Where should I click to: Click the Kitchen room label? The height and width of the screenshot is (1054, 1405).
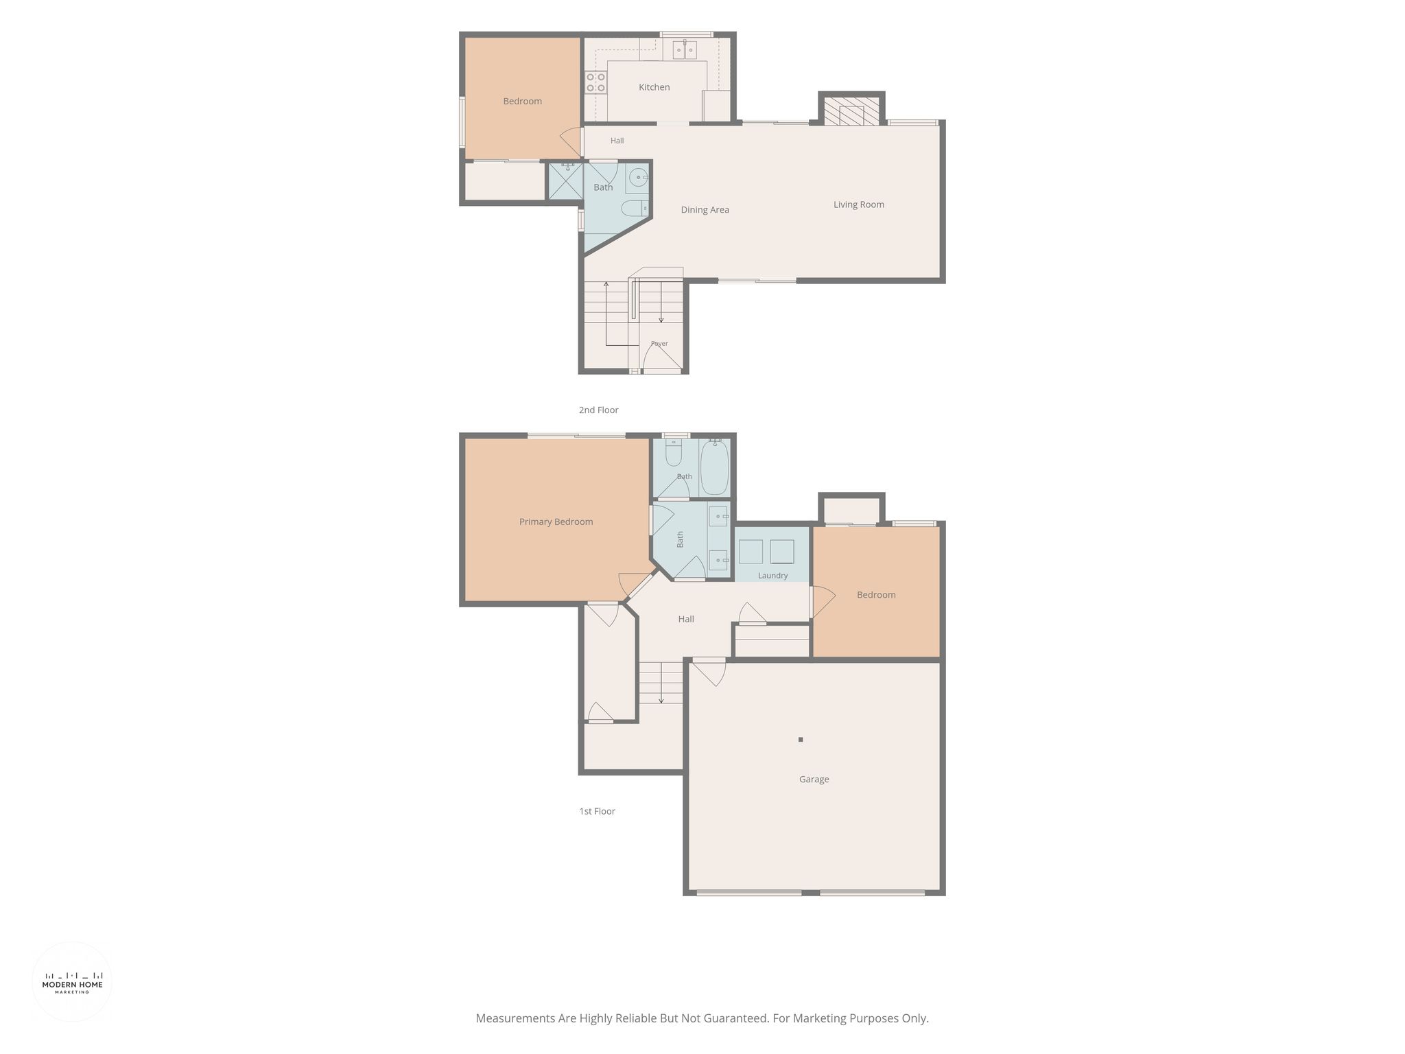tap(654, 87)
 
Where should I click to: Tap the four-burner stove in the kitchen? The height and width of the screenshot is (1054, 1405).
tap(595, 82)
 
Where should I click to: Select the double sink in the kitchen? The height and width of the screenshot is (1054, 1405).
tap(685, 49)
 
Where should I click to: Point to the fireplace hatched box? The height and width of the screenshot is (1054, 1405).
tap(851, 111)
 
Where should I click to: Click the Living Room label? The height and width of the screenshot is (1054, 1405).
tap(858, 204)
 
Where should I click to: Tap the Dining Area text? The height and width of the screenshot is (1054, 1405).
tap(705, 210)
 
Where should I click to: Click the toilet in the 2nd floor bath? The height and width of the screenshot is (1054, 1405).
tap(635, 207)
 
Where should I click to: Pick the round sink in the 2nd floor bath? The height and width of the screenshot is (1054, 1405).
tap(638, 178)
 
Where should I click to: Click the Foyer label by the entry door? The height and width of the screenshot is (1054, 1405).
tap(659, 344)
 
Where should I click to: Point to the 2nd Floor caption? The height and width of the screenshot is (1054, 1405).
tap(598, 410)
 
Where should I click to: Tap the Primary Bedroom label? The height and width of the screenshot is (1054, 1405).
tap(556, 522)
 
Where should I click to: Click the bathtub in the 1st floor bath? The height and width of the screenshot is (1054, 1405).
tap(714, 467)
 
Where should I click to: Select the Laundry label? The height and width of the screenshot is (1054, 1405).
tap(772, 576)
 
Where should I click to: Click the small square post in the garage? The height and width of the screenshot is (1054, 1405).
tap(801, 739)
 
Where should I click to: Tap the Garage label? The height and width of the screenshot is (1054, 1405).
tap(814, 779)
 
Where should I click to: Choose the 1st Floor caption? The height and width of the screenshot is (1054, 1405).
tap(597, 811)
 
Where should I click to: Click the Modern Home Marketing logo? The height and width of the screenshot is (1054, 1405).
tap(72, 982)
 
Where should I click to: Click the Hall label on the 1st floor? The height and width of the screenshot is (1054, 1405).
tap(686, 619)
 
